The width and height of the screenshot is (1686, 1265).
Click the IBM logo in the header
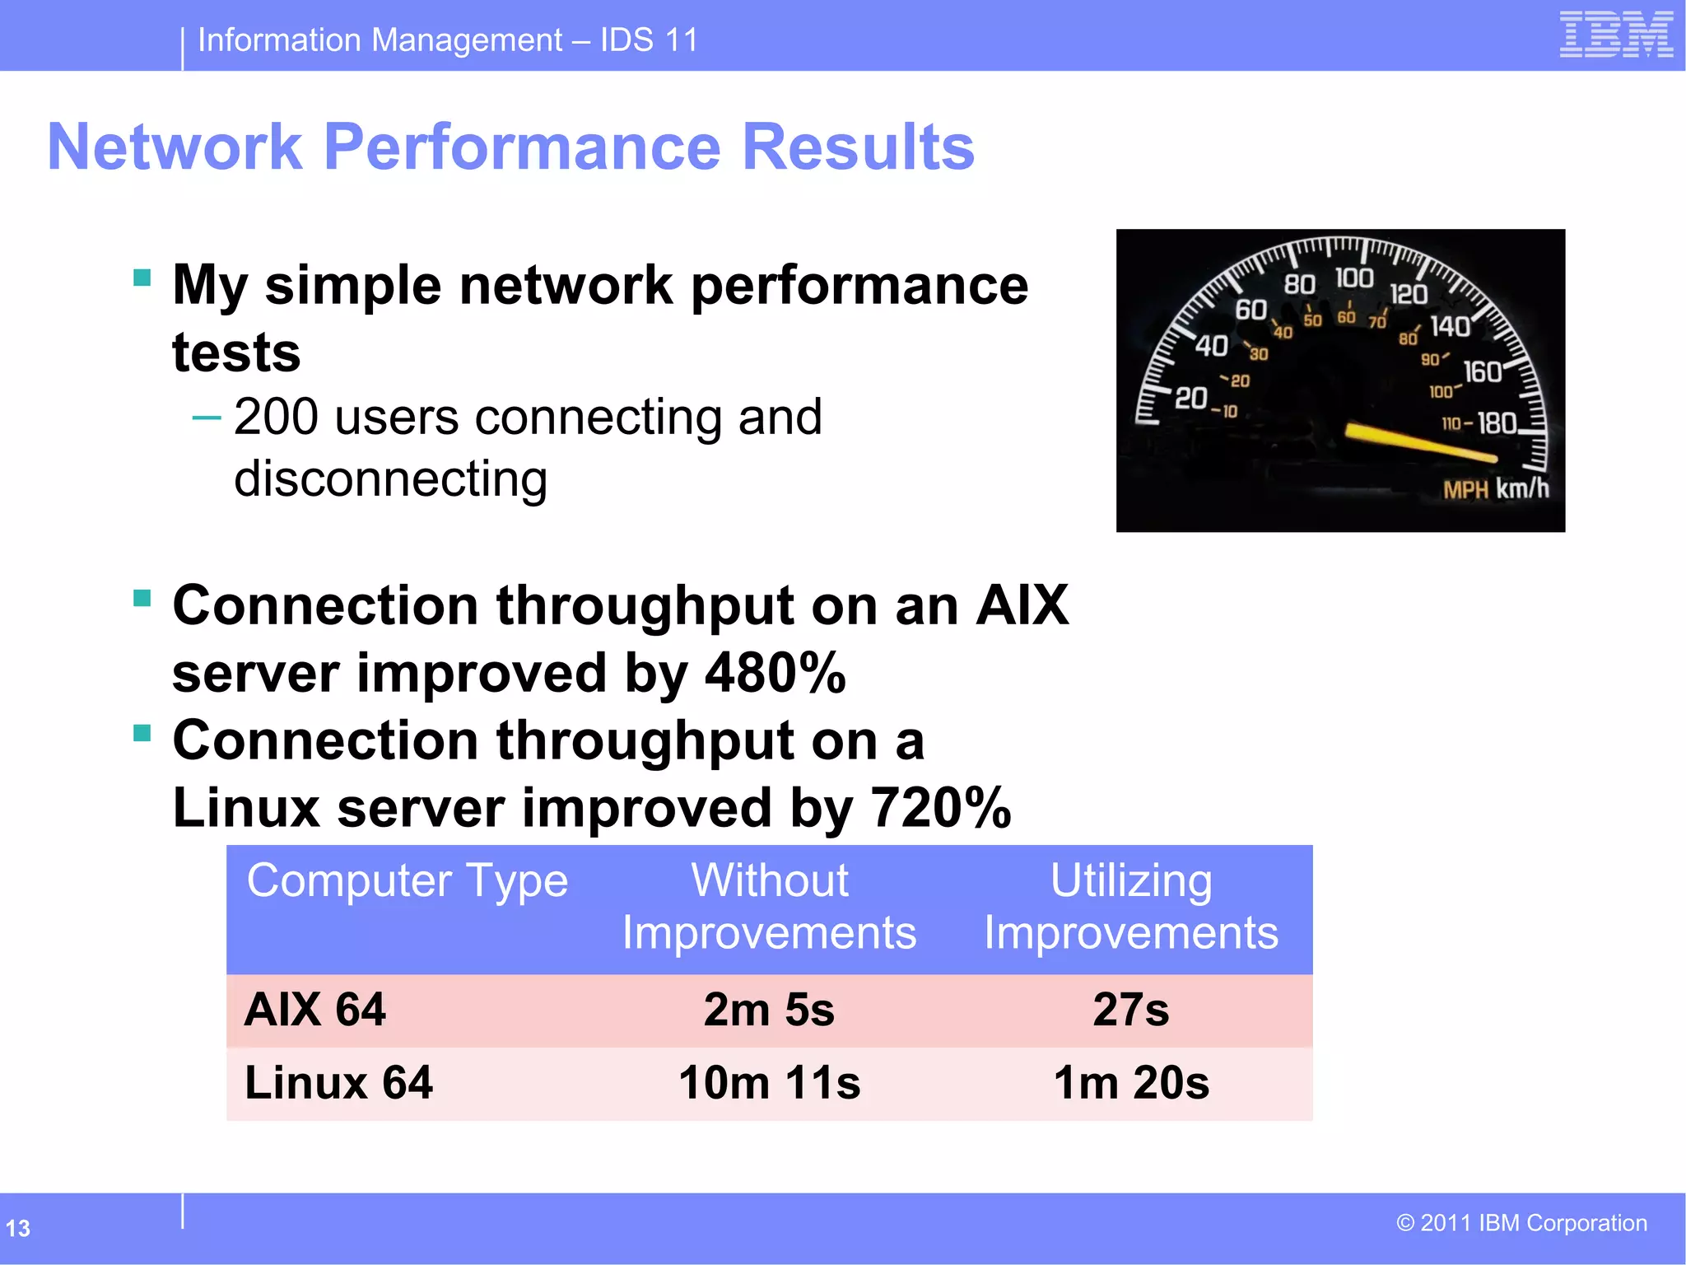coord(1615,35)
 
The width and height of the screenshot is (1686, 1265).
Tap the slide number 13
coord(18,1228)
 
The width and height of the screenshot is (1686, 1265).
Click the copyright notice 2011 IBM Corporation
coord(1521,1223)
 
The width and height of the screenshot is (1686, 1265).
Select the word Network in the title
coord(175,147)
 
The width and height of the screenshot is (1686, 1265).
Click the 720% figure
coord(941,808)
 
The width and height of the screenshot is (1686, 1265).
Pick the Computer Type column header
coord(408,881)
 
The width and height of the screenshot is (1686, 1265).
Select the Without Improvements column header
coord(769,907)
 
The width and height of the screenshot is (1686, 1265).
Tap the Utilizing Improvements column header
coord(1131,907)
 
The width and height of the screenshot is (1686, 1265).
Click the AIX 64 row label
coord(315,1010)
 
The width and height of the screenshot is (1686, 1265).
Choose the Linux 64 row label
coord(338,1082)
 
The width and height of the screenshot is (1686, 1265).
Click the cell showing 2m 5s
coord(769,1010)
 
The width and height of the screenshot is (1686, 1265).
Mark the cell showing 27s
coord(1130,1010)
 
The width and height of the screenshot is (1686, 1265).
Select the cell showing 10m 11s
coord(769,1082)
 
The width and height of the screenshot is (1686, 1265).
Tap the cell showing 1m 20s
coord(1131,1082)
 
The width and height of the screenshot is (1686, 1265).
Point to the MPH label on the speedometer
coord(1465,490)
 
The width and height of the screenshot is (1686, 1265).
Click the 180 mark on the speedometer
coord(1497,423)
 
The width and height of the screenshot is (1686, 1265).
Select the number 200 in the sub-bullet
coord(276,417)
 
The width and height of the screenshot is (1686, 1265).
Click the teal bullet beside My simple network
coord(142,278)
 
